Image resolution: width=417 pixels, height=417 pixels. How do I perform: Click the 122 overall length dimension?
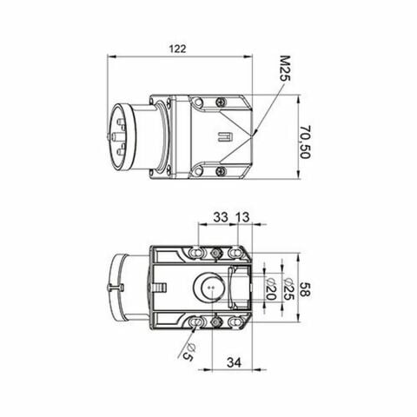click(x=177, y=50)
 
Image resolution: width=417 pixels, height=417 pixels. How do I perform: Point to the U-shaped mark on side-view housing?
click(x=223, y=136)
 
